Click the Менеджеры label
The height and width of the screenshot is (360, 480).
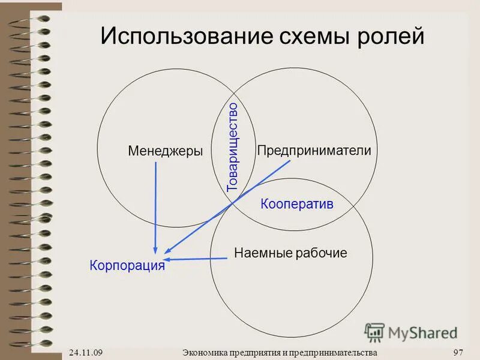(165, 151)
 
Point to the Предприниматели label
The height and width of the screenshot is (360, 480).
(314, 151)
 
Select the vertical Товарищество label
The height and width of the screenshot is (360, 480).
(233, 147)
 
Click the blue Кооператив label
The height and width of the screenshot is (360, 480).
(296, 204)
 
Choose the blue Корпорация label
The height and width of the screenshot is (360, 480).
(127, 265)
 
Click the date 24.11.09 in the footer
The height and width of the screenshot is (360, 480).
(85, 352)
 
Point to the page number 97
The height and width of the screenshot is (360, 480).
(459, 352)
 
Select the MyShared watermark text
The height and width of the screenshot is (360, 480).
(422, 332)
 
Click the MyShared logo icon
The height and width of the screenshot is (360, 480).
(374, 332)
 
